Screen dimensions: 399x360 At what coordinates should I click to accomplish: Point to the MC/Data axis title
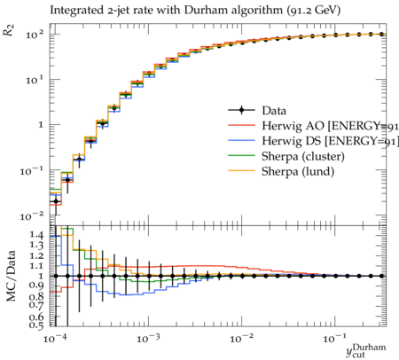11,276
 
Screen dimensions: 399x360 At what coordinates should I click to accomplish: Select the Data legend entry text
274,111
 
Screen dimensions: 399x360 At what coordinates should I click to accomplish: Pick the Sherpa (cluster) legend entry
303,157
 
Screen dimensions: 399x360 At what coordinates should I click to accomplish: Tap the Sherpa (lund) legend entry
298,172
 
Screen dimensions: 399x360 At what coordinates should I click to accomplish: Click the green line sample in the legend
241,155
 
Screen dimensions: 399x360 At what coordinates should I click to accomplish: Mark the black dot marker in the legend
241,111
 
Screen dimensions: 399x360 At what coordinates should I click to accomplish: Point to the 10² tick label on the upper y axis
35,35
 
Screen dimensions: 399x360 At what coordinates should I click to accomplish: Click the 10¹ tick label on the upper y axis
35,80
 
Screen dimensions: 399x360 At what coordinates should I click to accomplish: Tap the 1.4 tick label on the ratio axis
36,235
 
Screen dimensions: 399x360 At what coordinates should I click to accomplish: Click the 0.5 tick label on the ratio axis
36,325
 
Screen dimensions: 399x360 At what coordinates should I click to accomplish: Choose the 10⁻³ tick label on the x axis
148,339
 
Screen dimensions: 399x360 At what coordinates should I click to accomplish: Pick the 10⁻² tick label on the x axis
241,339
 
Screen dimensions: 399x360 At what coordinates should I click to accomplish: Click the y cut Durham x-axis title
366,350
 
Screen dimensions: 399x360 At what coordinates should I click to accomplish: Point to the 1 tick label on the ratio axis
41,276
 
